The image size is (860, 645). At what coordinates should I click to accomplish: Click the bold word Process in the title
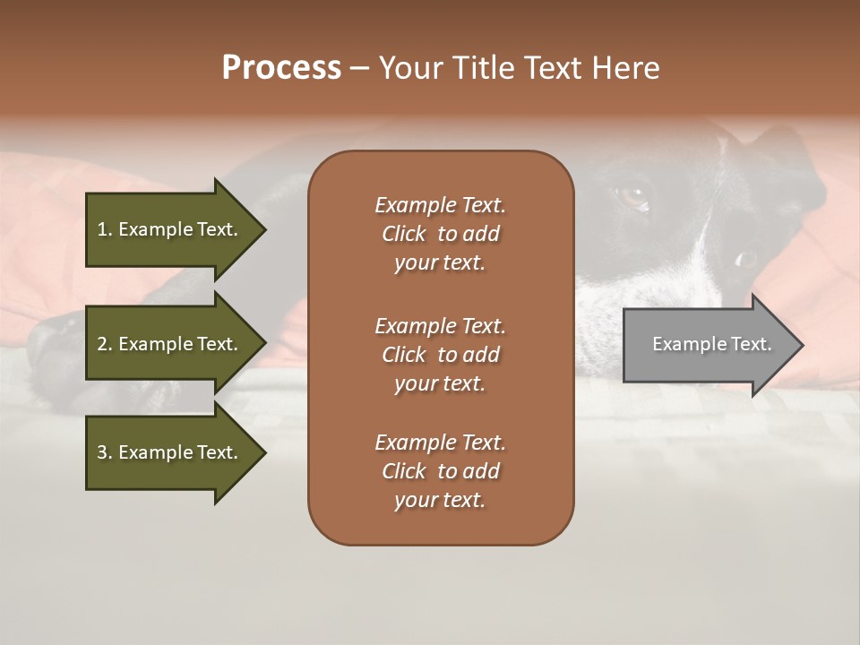[x=281, y=68]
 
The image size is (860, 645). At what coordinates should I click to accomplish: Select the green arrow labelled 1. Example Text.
[x=168, y=229]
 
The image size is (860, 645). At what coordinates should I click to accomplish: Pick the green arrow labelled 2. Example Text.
[x=168, y=344]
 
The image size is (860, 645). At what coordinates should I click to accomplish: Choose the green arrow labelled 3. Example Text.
[x=168, y=452]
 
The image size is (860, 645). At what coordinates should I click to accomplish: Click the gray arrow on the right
[x=708, y=344]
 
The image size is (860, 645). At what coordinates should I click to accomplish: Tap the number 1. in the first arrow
[x=104, y=229]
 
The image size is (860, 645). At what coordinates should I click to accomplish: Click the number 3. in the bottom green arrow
[x=104, y=452]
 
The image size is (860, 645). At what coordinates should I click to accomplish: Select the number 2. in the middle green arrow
[x=104, y=344]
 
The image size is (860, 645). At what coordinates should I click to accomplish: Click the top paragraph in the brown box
[x=440, y=234]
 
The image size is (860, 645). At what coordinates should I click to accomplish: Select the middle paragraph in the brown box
[x=440, y=354]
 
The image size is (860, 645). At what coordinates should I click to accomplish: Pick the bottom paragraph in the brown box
[x=440, y=471]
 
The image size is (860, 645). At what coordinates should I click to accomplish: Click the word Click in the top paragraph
[x=404, y=234]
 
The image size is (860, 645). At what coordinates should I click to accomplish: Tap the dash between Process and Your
[x=359, y=68]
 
